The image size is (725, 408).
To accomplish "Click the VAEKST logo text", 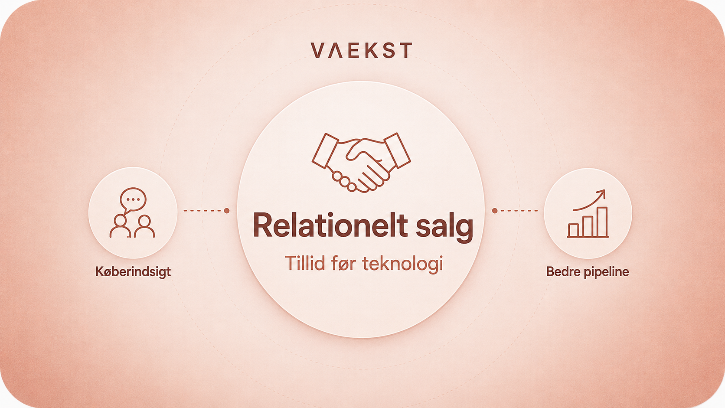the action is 361,50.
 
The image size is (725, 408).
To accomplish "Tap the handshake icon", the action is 361,163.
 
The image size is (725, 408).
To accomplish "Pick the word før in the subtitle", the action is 343,263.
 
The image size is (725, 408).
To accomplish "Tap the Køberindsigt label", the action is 133,272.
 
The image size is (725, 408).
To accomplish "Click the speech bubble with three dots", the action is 133,200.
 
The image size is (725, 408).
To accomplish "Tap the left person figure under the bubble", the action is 120,226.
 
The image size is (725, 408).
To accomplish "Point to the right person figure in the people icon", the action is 144,226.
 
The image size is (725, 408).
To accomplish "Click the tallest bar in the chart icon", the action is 602,222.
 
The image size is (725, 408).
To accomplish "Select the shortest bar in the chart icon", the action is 574,230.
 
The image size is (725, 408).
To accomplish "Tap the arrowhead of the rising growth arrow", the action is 602,193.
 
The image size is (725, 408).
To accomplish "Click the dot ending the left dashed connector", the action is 227,211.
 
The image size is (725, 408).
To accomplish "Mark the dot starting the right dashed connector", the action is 495,211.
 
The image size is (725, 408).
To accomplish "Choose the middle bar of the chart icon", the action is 588,226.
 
